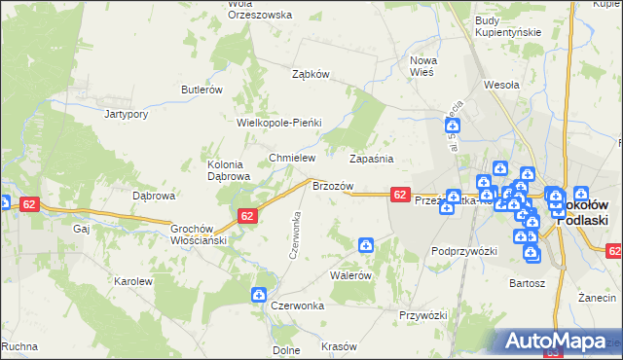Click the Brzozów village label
(332, 185)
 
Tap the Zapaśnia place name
(371, 159)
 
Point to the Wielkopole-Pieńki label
(278, 123)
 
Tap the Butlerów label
(202, 90)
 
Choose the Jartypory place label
(126, 113)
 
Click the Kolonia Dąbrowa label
(230, 170)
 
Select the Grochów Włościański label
(199, 234)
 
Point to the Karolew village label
(134, 281)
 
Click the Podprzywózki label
(464, 251)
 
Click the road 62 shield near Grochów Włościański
(246, 217)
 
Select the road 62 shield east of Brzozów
(400, 195)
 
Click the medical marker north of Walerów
(365, 246)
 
